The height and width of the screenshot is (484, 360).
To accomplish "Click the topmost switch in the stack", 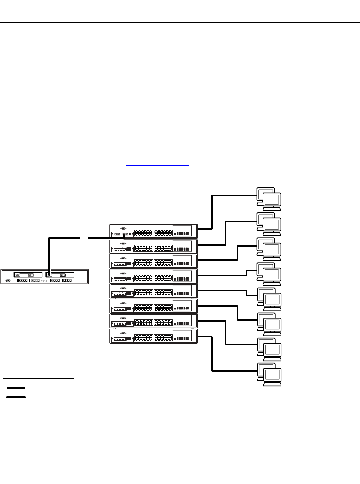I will [153, 231].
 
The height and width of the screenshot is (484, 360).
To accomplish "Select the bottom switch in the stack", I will [153, 336].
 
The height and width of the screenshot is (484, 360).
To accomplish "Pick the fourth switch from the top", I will [153, 276].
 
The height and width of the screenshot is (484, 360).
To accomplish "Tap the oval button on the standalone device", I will [7, 280].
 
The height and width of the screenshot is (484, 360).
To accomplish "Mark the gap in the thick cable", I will [84, 238].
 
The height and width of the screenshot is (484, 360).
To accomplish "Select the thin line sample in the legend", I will [16, 388].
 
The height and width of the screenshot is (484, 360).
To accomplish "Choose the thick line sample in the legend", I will [16, 397].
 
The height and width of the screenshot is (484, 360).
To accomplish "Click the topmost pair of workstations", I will [269, 198].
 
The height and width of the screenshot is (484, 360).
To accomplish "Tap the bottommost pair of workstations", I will [269, 373].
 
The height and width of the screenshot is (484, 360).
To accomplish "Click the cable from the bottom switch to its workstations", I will [212, 354].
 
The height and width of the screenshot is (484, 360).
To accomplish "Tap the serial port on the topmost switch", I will [122, 228].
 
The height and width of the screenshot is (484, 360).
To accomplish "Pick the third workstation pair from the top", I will [269, 248].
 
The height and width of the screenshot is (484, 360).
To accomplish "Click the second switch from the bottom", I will [153, 321].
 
